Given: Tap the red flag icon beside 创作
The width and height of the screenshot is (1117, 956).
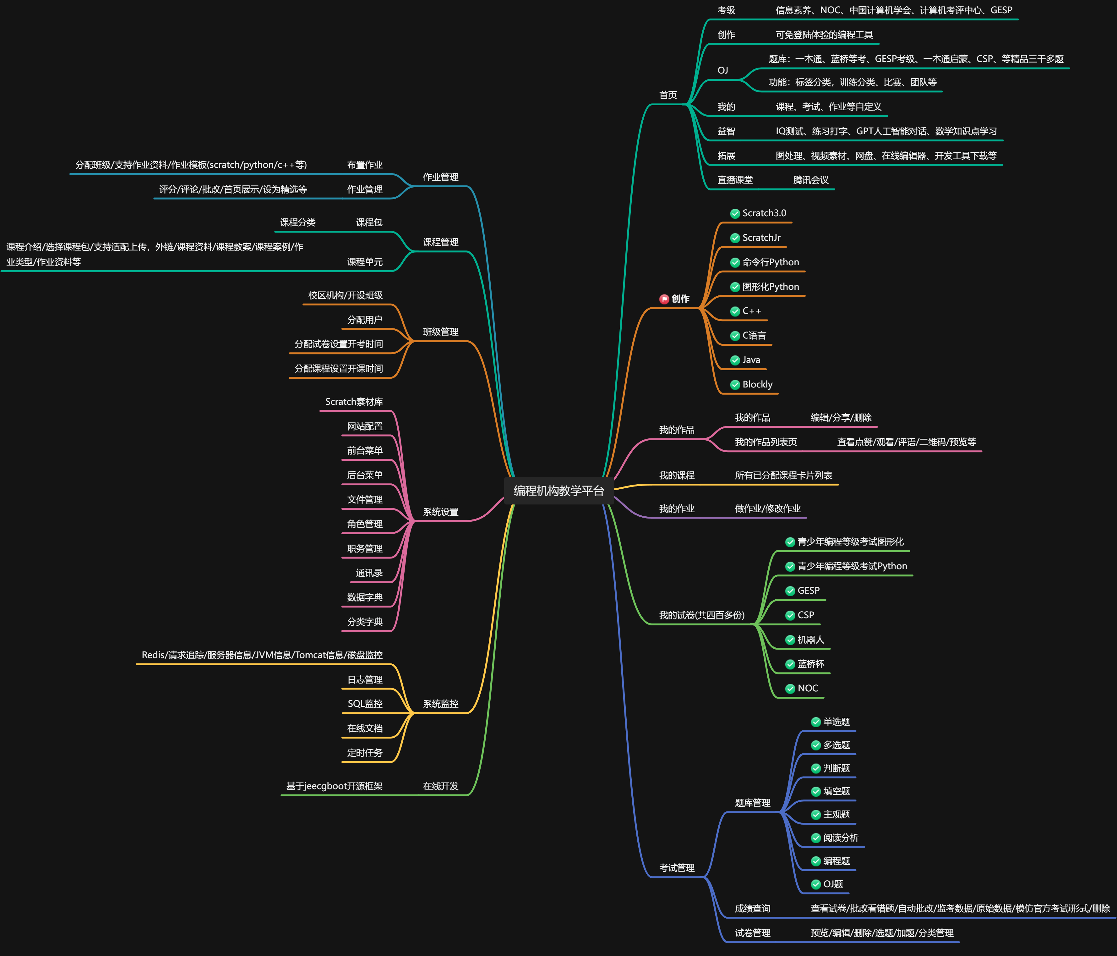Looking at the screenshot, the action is (664, 299).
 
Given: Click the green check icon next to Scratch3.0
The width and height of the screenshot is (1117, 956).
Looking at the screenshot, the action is (735, 213).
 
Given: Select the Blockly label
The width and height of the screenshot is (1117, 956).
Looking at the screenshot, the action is (757, 384).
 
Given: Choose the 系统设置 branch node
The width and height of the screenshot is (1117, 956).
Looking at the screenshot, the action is (440, 512).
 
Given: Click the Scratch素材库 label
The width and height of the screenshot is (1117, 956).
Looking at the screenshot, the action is (354, 402).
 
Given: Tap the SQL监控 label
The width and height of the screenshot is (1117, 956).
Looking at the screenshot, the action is (365, 704).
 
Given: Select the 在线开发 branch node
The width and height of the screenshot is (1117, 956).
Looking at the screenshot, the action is (440, 786).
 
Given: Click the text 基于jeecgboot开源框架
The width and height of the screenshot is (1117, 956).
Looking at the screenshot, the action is (334, 786).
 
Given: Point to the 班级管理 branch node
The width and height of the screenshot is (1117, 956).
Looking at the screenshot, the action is (440, 332).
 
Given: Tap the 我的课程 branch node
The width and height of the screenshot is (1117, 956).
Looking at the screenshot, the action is (677, 475).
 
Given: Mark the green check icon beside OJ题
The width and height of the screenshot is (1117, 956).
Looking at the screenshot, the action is (816, 884).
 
